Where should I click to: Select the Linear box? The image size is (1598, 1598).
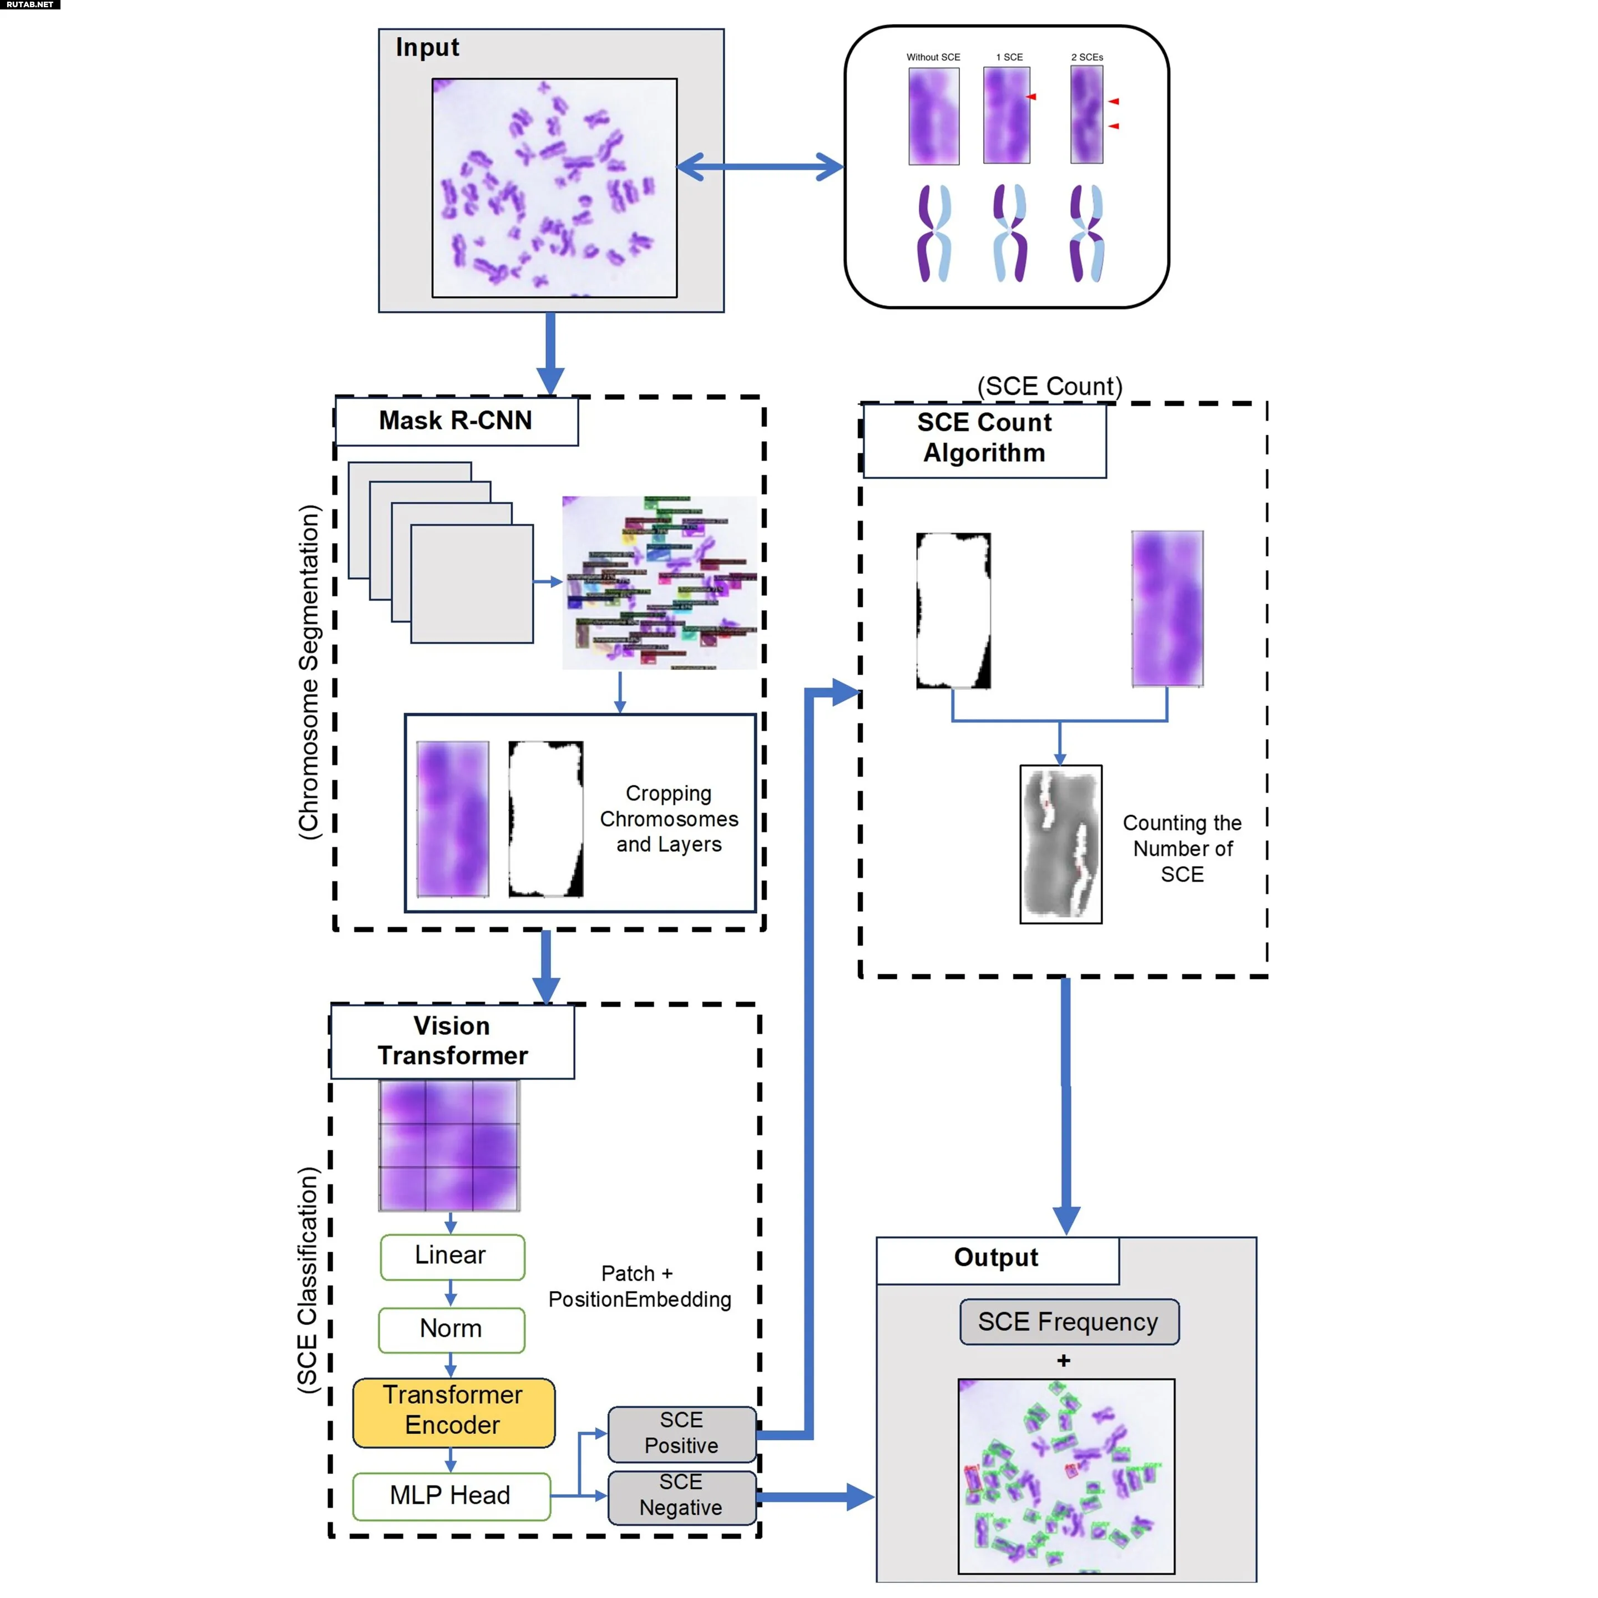(452, 1256)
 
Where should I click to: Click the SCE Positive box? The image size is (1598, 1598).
(681, 1433)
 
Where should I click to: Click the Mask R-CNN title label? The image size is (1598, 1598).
(456, 421)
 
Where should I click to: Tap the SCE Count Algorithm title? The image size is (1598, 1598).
(984, 438)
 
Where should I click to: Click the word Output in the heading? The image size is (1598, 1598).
(996, 1257)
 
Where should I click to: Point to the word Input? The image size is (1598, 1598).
(427, 48)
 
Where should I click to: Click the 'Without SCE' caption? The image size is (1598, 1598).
(933, 58)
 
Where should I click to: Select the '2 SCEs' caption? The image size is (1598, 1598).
(1087, 58)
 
